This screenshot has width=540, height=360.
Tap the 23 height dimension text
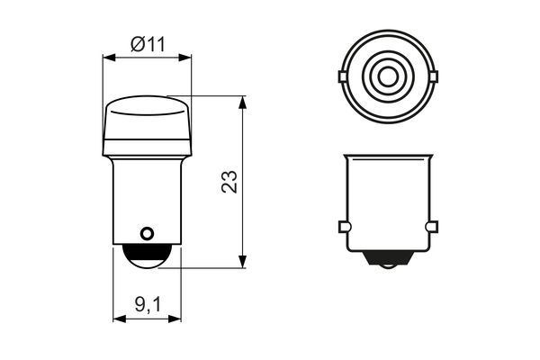point(229,182)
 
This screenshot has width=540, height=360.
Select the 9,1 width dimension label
point(147,307)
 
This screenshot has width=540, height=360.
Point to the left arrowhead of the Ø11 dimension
point(109,58)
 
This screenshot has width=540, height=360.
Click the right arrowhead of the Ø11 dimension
point(186,58)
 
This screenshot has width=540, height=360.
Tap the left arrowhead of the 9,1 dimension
point(118,318)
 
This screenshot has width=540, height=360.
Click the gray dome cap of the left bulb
point(148,126)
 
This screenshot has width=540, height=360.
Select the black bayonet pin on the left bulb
point(146,236)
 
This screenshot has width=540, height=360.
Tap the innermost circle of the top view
point(388,76)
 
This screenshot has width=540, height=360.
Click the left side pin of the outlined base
point(344,226)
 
